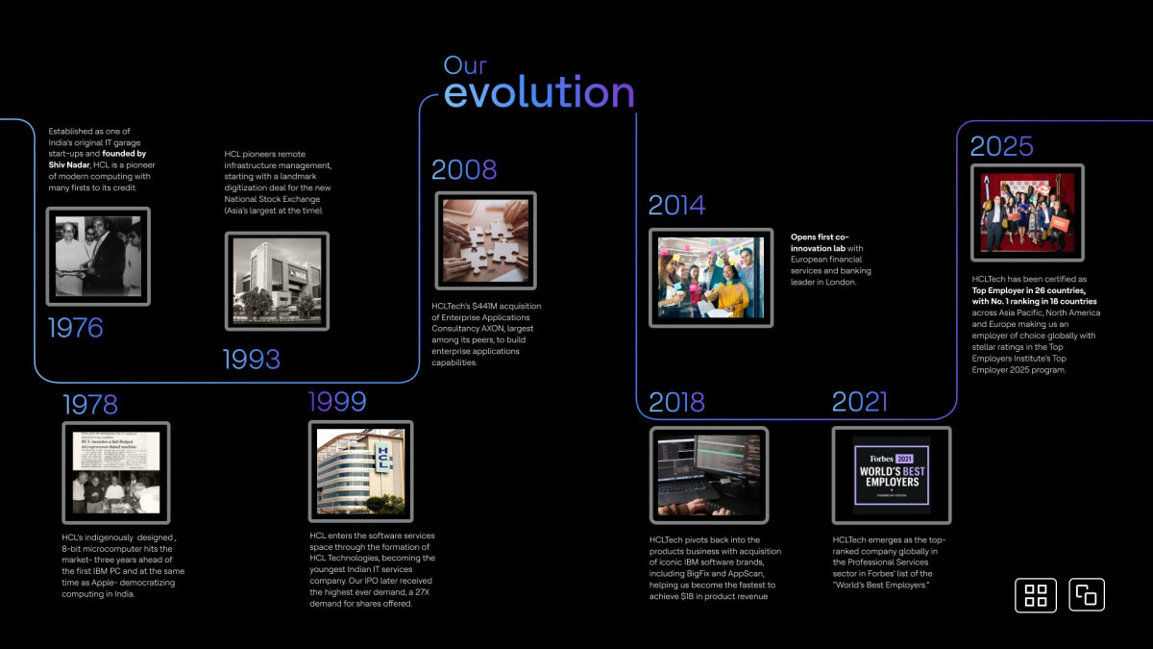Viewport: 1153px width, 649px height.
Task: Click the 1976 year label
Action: (76, 328)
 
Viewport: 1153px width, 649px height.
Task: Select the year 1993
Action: (251, 359)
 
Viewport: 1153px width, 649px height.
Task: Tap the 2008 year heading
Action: (464, 169)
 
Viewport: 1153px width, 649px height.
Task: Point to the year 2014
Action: (676, 205)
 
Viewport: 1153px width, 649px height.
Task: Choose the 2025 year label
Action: (1001, 146)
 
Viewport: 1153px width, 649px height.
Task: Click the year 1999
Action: (337, 401)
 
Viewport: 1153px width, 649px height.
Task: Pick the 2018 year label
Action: (676, 402)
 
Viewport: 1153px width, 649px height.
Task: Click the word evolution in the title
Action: (539, 91)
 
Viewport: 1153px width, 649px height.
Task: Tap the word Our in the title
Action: (465, 65)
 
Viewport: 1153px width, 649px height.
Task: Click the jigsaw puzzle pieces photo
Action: (485, 240)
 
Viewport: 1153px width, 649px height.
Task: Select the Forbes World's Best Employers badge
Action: (892, 475)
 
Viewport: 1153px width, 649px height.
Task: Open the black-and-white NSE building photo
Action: (277, 281)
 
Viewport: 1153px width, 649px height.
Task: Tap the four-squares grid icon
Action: (1036, 595)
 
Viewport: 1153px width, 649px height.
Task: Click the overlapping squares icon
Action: (1087, 594)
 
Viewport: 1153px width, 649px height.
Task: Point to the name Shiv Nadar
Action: (69, 164)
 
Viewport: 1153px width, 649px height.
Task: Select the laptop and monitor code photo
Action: (709, 475)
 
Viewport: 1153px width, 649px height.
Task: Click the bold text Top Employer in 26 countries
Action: (1028, 290)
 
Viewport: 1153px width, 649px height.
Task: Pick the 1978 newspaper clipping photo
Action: (116, 472)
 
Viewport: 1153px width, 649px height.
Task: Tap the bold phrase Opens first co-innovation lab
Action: (820, 242)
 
